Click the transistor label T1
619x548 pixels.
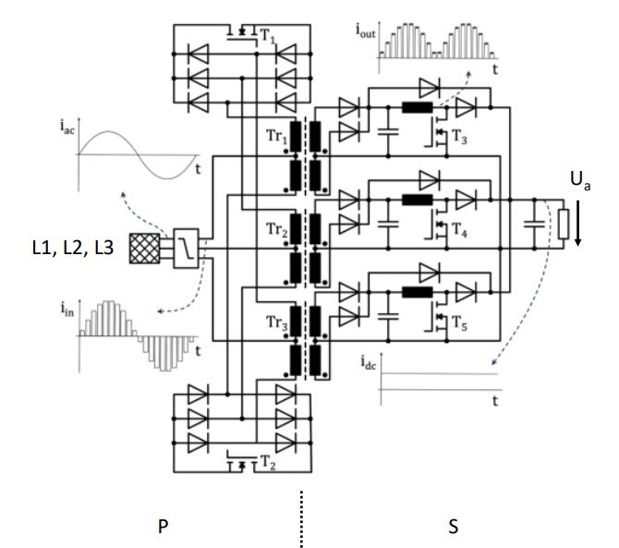tap(268, 36)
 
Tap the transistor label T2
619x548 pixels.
tap(269, 462)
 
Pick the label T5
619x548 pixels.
tap(459, 324)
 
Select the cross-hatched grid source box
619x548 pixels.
tap(144, 249)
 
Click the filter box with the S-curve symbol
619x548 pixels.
tap(185, 249)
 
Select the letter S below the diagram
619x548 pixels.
tap(453, 528)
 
